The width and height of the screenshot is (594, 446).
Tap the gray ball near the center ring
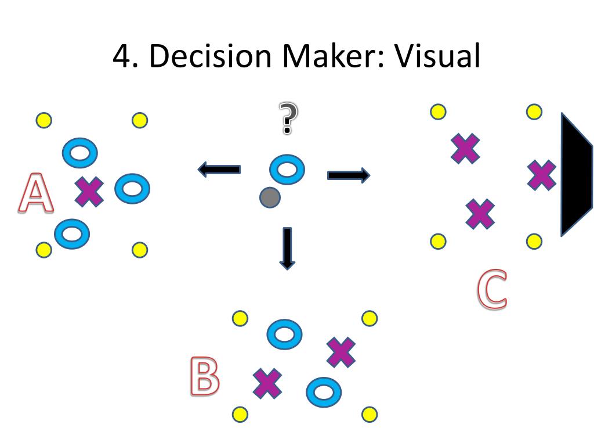(x=270, y=197)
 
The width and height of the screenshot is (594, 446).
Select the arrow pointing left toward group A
(x=219, y=170)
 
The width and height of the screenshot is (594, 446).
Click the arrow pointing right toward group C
(x=349, y=174)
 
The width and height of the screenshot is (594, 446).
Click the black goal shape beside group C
(x=575, y=175)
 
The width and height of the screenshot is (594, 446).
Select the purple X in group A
(x=90, y=192)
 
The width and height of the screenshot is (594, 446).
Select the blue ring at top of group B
(x=284, y=334)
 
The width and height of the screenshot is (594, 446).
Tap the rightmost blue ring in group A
(x=132, y=188)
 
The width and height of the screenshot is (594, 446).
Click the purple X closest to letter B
(x=267, y=383)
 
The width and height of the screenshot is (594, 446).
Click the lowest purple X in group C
(x=481, y=213)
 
